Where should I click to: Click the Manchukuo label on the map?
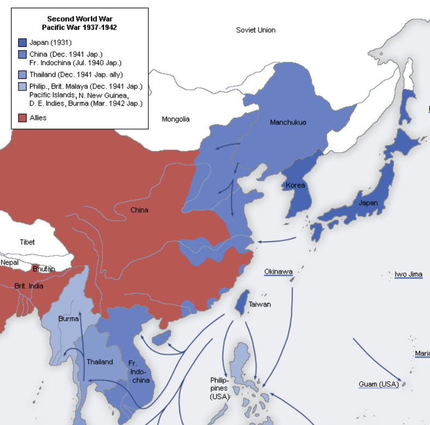[x=288, y=123]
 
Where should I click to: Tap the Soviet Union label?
[x=255, y=30]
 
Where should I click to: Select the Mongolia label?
[x=176, y=119]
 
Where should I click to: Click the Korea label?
[x=295, y=185]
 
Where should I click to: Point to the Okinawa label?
[x=278, y=271]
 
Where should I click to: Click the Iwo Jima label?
[x=409, y=274]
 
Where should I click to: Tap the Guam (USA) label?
[x=378, y=384]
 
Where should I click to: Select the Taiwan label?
[x=259, y=304]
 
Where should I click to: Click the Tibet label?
[x=27, y=242]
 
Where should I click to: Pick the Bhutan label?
[x=44, y=269]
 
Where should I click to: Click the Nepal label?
[x=9, y=262]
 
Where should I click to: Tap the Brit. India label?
[x=29, y=286]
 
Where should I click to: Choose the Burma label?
[x=68, y=318]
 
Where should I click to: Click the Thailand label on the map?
[x=100, y=362]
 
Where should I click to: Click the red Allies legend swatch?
[x=22, y=118]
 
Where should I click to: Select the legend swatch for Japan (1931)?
[x=22, y=42]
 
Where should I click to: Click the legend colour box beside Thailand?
[x=22, y=75]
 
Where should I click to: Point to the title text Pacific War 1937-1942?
[x=79, y=27]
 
